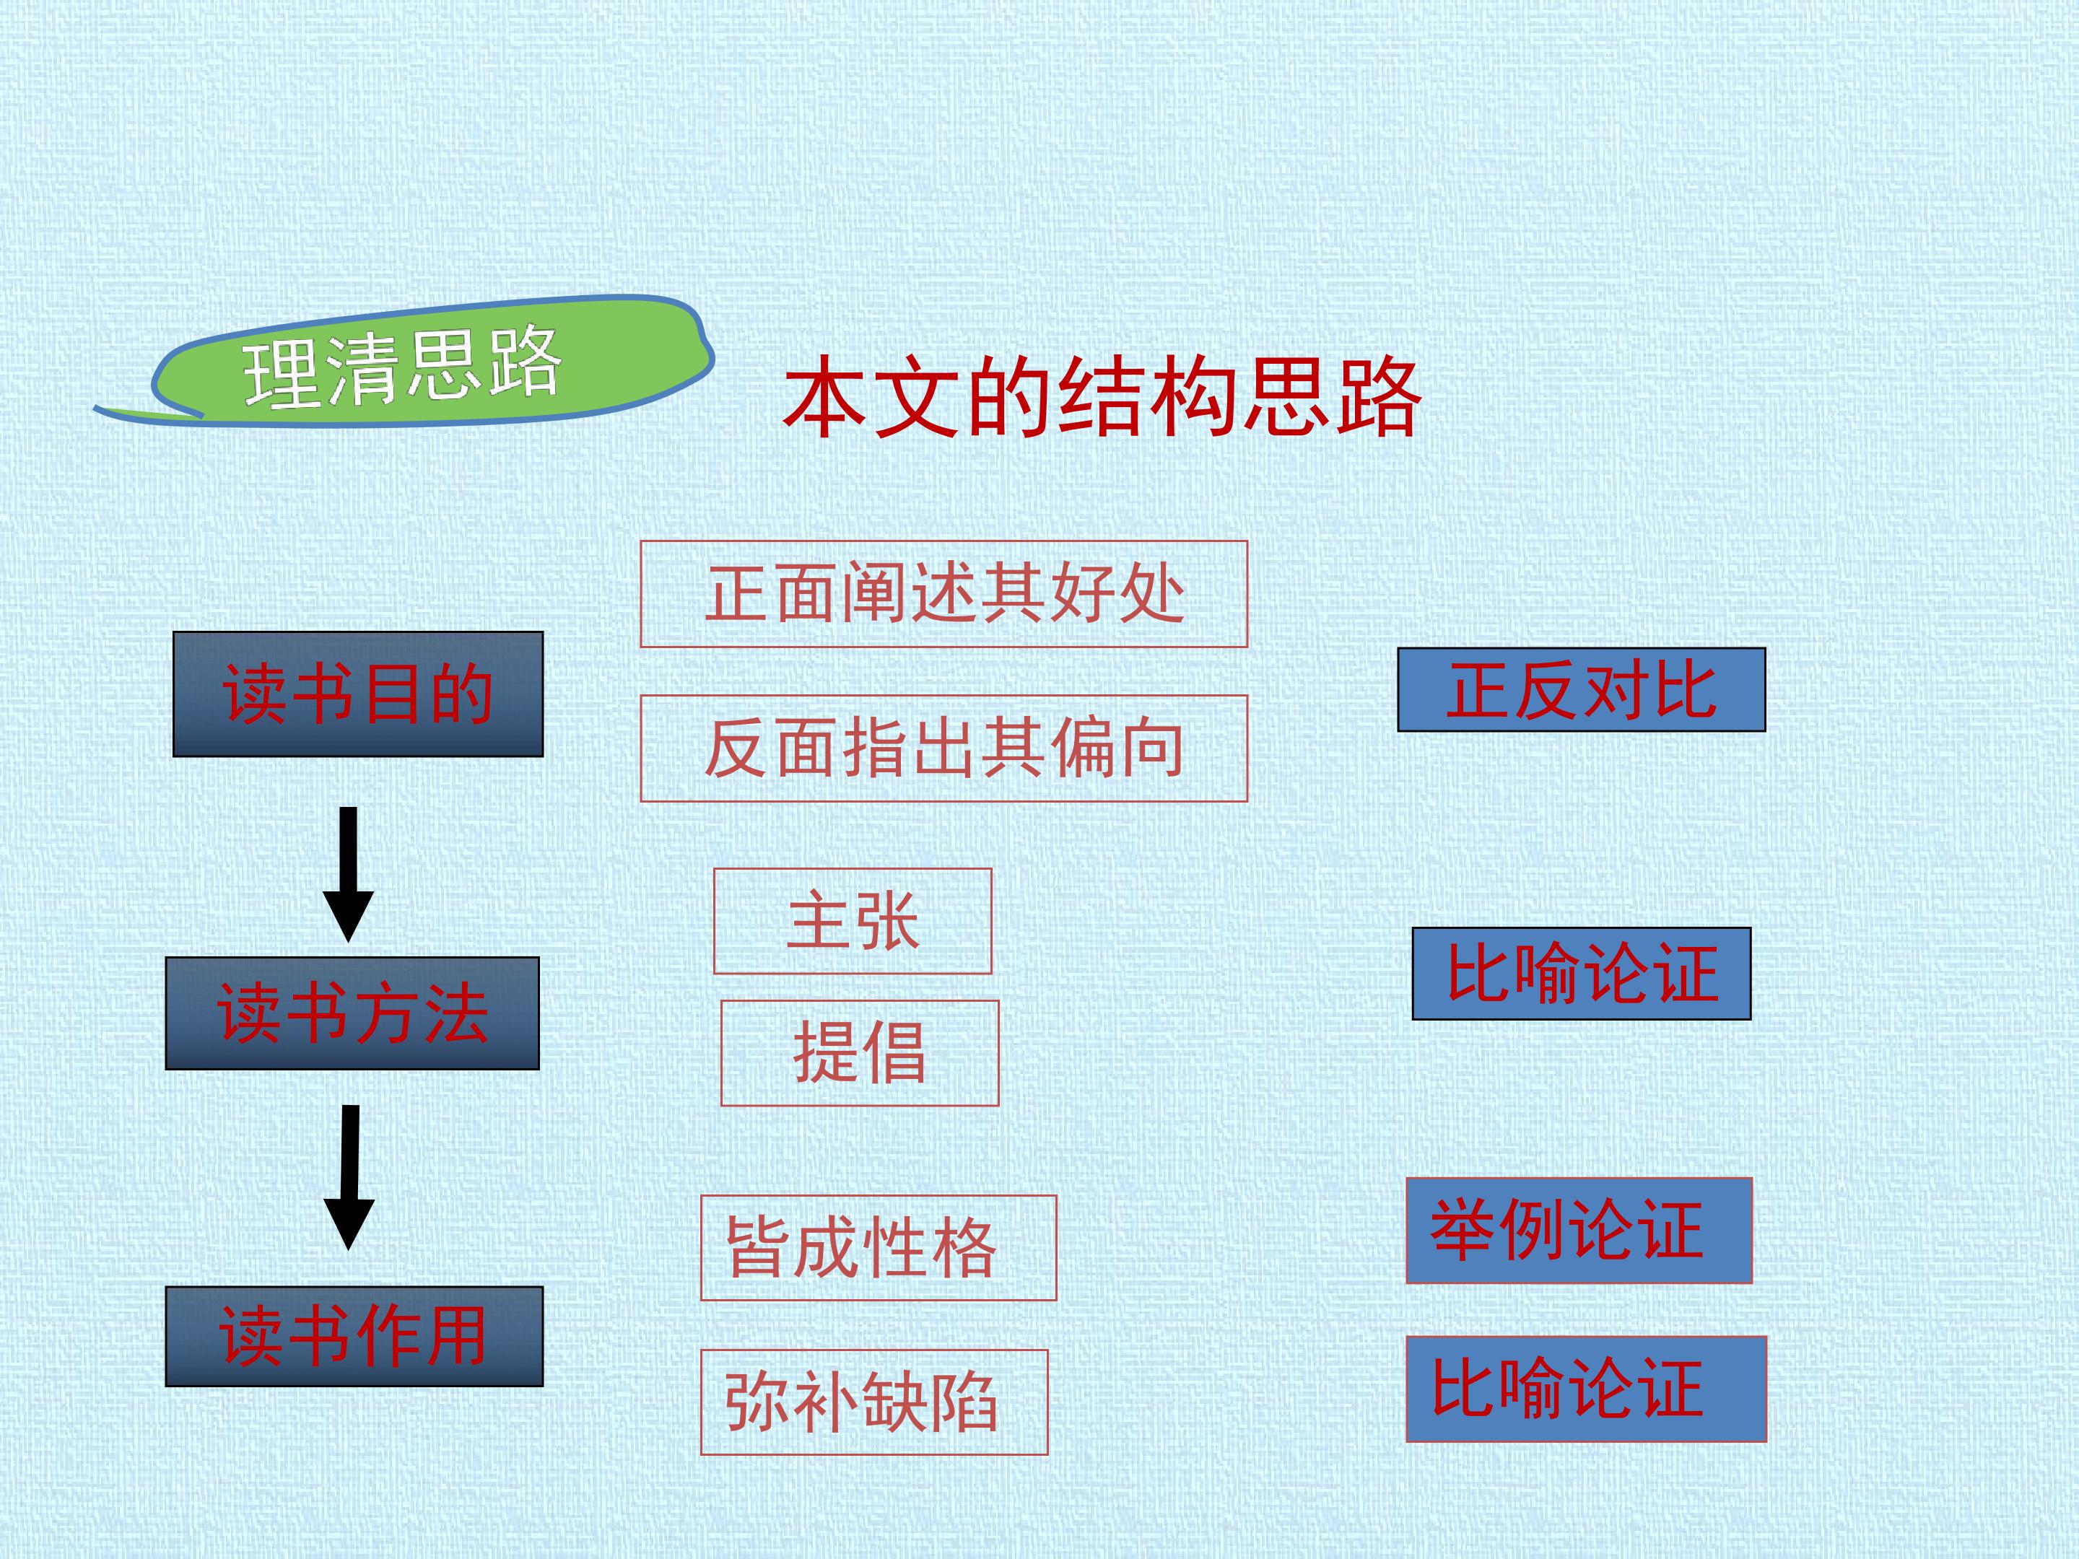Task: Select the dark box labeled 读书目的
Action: coord(358,694)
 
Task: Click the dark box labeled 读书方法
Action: coord(352,1013)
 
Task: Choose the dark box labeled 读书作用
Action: coord(354,1336)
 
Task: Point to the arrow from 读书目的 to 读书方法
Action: coord(349,874)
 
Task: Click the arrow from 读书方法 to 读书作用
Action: coord(349,1176)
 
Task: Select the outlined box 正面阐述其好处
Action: coord(943,594)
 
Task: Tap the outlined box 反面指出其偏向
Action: coord(943,748)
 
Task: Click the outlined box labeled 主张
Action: coord(853,921)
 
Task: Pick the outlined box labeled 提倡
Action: coord(859,1052)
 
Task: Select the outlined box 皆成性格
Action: coord(878,1248)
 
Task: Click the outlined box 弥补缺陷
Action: coord(874,1402)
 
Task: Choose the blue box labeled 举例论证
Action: coord(1579,1230)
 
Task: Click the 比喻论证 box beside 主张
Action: coord(1582,974)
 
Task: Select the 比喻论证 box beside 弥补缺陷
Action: coord(1587,1389)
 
